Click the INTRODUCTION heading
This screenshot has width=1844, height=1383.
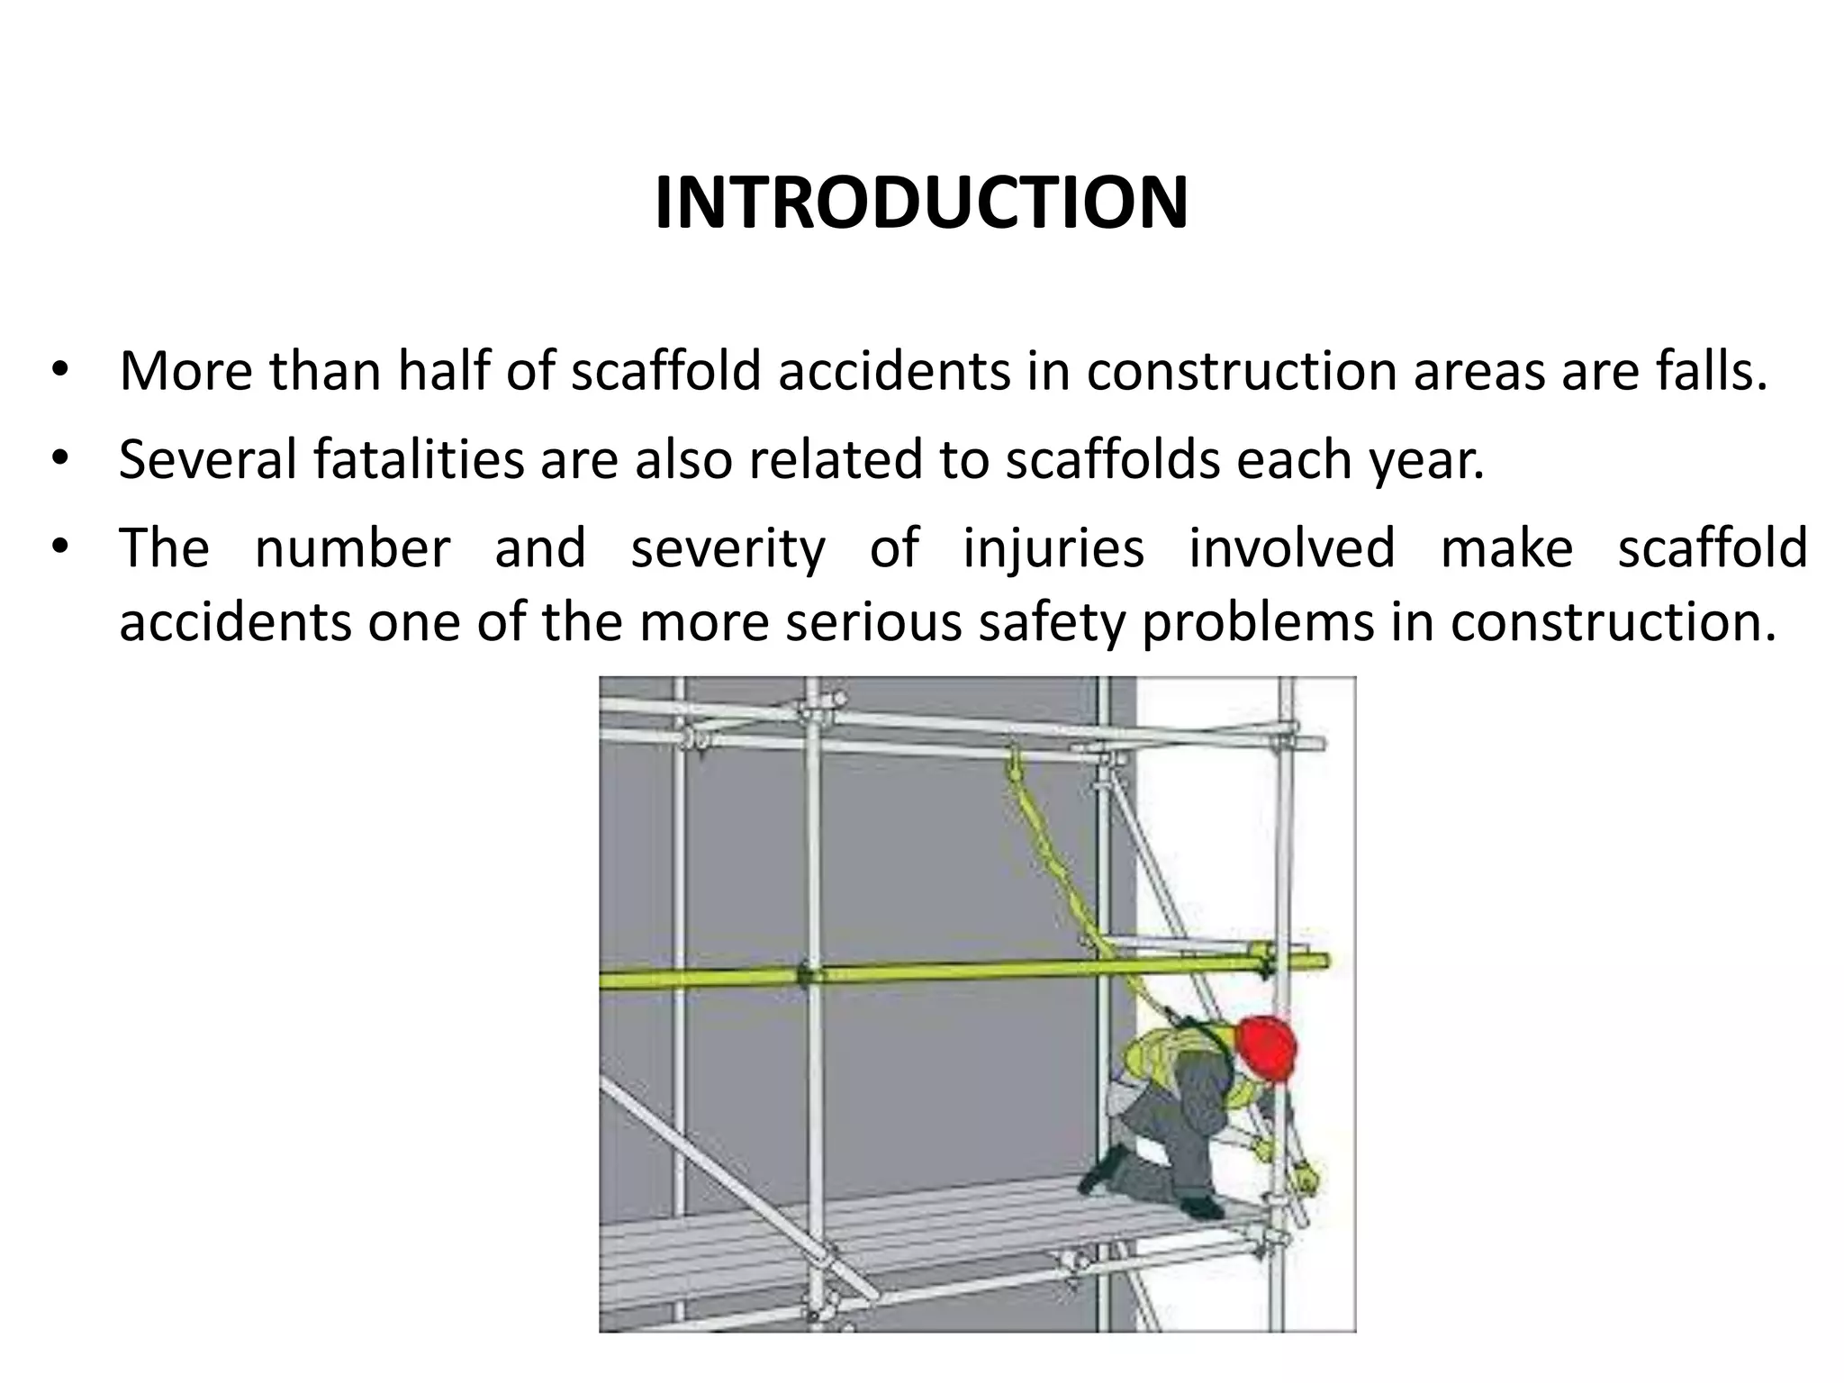(921, 203)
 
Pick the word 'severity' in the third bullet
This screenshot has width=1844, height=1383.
(728, 548)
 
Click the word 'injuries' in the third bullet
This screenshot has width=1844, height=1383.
(1053, 548)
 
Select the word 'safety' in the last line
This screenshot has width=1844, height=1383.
(1052, 623)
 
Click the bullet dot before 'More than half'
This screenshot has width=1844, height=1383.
(59, 371)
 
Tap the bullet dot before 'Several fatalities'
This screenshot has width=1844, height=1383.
(59, 459)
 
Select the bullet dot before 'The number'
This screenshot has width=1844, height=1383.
(59, 547)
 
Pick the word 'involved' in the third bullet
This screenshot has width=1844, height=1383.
(1292, 548)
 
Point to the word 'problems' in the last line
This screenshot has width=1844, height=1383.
(1258, 623)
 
